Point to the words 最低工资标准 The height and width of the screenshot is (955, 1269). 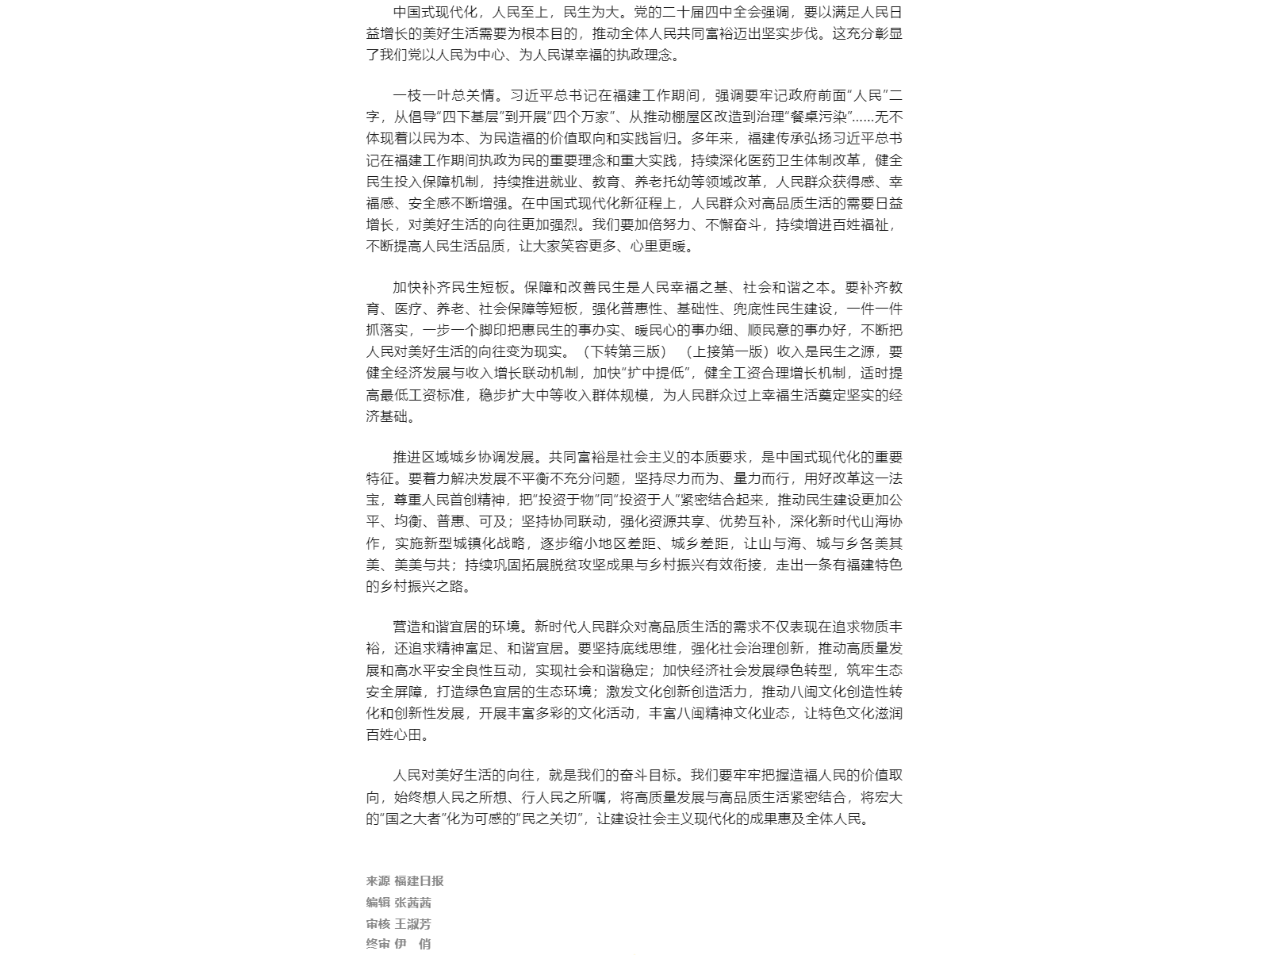pos(422,395)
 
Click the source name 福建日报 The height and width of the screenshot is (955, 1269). pos(419,881)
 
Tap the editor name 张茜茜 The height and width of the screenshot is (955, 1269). pos(412,903)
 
